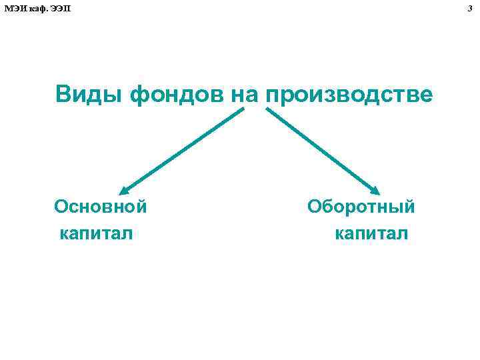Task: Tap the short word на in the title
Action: coord(245,95)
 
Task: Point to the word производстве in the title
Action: coord(349,95)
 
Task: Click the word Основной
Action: coord(101,206)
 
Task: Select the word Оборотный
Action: coord(361,206)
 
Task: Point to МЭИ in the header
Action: coord(14,7)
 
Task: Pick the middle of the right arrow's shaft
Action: coord(323,149)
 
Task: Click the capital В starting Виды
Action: coord(63,95)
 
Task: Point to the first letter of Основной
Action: coord(61,206)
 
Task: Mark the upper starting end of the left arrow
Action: coord(243,109)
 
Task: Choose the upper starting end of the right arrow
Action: coord(267,109)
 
